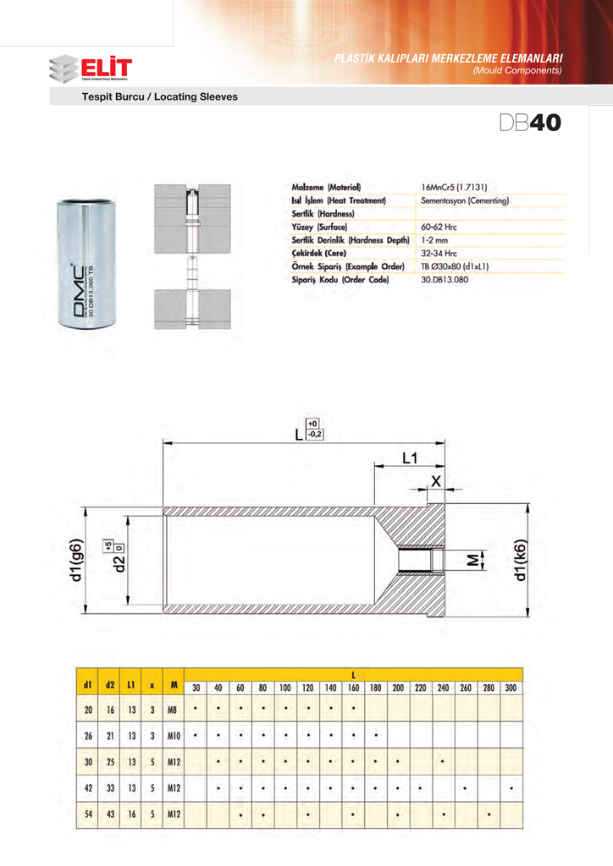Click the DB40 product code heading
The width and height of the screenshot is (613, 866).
click(x=529, y=123)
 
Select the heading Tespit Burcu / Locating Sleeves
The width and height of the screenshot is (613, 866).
click(x=159, y=97)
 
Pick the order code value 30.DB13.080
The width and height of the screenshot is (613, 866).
click(x=449, y=278)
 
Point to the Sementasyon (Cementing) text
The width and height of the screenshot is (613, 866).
click(x=465, y=200)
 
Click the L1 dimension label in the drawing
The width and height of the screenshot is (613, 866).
click(x=410, y=458)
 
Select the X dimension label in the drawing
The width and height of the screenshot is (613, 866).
click(x=436, y=480)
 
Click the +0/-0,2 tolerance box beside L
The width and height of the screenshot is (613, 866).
click(x=313, y=430)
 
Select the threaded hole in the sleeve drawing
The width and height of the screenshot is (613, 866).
click(x=416, y=561)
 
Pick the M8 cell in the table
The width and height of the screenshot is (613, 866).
click(x=173, y=710)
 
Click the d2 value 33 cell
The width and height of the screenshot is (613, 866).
click(x=110, y=789)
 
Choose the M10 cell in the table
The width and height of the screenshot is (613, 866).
click(x=173, y=736)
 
